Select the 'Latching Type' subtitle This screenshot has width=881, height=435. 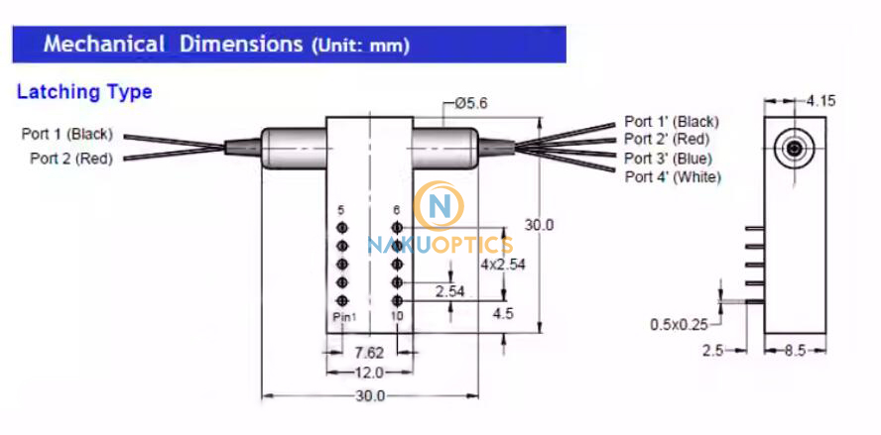[84, 92]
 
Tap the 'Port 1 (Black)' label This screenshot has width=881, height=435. [67, 134]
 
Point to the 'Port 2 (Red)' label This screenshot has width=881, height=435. [71, 158]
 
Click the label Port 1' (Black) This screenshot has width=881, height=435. [671, 121]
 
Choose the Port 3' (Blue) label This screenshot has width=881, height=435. [668, 159]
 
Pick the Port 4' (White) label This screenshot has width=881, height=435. [673, 177]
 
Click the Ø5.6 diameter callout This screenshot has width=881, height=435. [472, 103]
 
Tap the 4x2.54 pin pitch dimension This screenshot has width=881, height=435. [503, 264]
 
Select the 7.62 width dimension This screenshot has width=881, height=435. [369, 353]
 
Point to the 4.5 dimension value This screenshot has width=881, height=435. [502, 315]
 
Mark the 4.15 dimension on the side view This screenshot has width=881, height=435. [822, 101]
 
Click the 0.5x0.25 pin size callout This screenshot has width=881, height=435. [680, 323]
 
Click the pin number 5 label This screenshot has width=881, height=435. [341, 210]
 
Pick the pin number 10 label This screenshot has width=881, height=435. [396, 315]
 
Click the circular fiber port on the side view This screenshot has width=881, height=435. [793, 151]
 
